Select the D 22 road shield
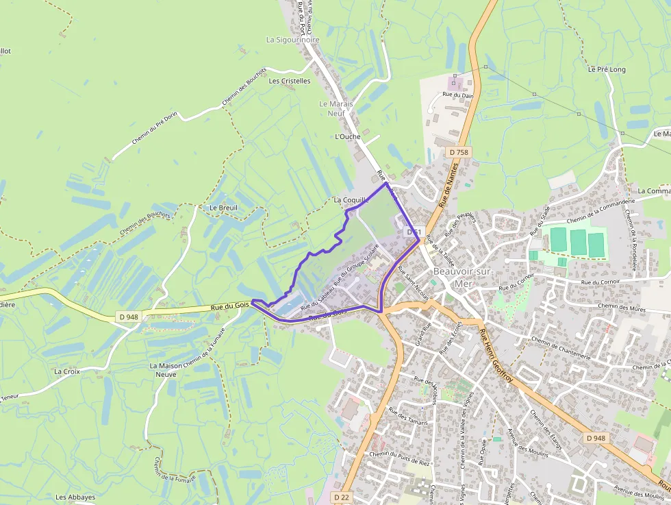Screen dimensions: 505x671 click(343, 496)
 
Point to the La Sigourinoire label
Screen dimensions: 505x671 click(293, 40)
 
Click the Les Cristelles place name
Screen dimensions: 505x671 click(290, 80)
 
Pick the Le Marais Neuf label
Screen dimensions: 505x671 click(336, 108)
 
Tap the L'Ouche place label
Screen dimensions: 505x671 click(348, 136)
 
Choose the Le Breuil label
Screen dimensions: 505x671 click(223, 207)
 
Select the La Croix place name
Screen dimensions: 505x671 click(66, 371)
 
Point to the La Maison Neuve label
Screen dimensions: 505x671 click(166, 370)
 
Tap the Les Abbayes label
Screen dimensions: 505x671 click(75, 497)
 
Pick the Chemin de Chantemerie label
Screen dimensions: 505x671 click(561, 347)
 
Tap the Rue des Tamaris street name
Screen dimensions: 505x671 click(407, 417)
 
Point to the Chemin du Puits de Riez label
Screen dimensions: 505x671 click(400, 458)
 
